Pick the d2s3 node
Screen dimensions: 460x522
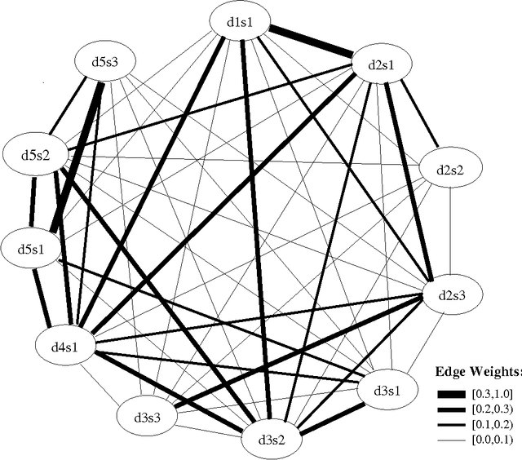455,294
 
